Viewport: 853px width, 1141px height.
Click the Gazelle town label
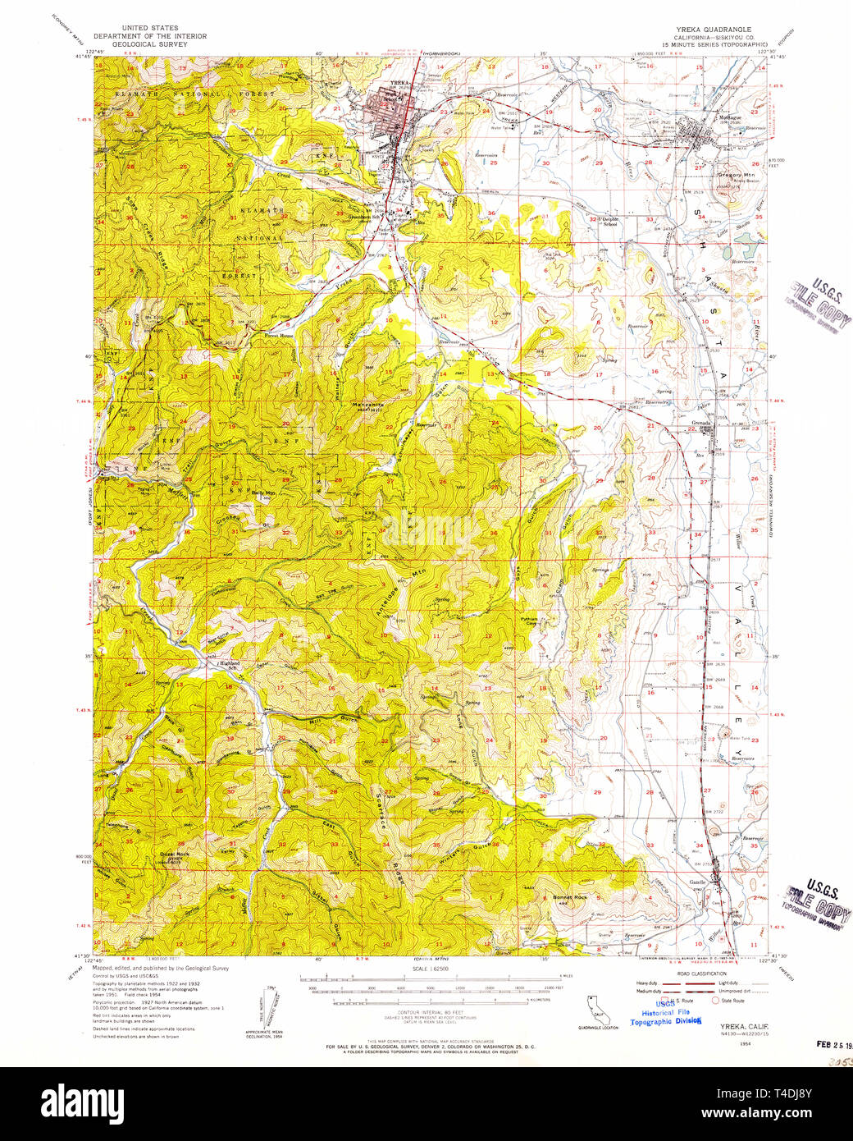pos(697,882)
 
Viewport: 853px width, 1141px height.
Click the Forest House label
pos(279,336)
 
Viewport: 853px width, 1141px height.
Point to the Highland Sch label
pos(218,665)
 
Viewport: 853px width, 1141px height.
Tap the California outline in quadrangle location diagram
pos(593,1008)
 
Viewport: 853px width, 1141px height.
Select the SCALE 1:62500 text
pos(427,969)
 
